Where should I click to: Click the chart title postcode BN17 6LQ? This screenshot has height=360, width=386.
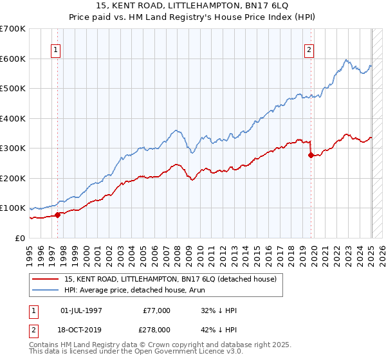(266, 6)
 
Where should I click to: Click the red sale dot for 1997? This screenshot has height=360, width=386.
(57, 215)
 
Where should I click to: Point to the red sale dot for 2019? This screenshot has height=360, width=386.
(311, 155)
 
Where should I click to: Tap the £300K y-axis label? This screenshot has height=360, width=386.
(13, 148)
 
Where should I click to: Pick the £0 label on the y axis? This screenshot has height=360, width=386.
(21, 238)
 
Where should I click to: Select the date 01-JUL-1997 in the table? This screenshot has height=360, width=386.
(80, 310)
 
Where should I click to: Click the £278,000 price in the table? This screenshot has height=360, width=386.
(156, 330)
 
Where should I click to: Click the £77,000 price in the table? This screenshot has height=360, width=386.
(156, 310)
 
